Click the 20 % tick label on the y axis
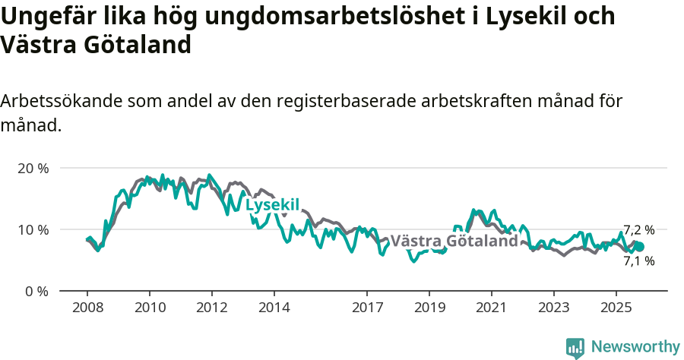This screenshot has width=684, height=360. (x=33, y=168)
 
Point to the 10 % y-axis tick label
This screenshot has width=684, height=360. (x=33, y=229)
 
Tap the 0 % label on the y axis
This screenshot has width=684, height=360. (x=36, y=291)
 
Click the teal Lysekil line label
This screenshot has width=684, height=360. (x=273, y=204)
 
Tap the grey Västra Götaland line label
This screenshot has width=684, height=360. (x=454, y=241)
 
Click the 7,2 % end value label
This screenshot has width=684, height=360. (x=638, y=230)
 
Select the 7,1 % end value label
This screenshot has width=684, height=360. (x=638, y=261)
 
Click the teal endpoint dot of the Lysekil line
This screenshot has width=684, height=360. (x=639, y=247)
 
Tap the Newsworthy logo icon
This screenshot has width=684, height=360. (x=575, y=348)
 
